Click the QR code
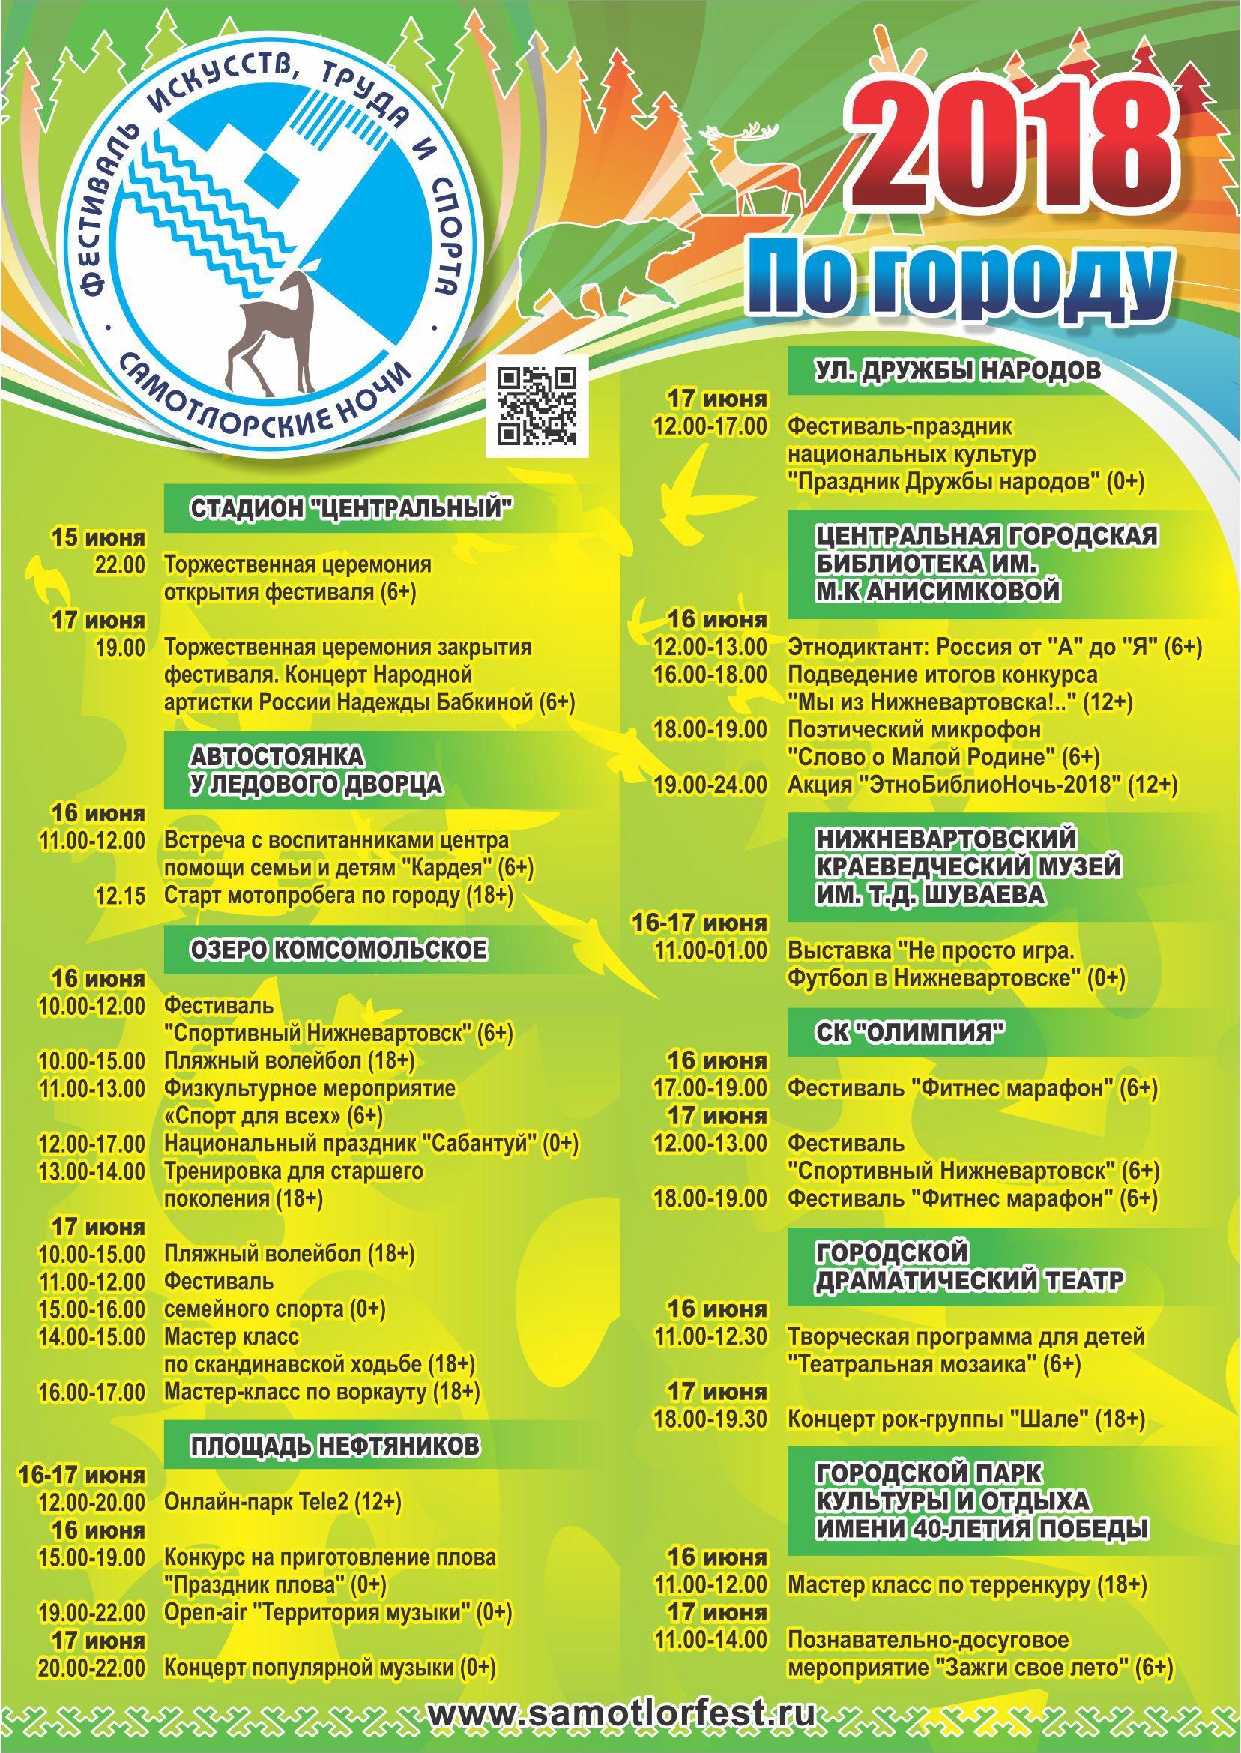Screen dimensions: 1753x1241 537,405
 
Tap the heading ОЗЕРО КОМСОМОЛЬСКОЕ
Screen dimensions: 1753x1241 338,950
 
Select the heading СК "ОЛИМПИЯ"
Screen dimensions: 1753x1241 909,1034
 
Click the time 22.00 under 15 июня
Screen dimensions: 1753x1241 119,566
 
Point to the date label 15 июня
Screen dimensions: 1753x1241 98,538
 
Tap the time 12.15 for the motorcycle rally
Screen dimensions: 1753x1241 120,896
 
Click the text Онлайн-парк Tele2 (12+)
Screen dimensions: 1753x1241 283,1503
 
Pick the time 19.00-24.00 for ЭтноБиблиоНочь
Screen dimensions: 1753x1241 709,785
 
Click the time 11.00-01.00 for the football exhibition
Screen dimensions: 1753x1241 710,950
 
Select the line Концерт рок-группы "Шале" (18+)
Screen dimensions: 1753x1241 966,1419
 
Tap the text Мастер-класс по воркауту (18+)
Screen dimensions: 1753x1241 321,1393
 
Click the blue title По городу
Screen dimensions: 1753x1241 959,277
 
